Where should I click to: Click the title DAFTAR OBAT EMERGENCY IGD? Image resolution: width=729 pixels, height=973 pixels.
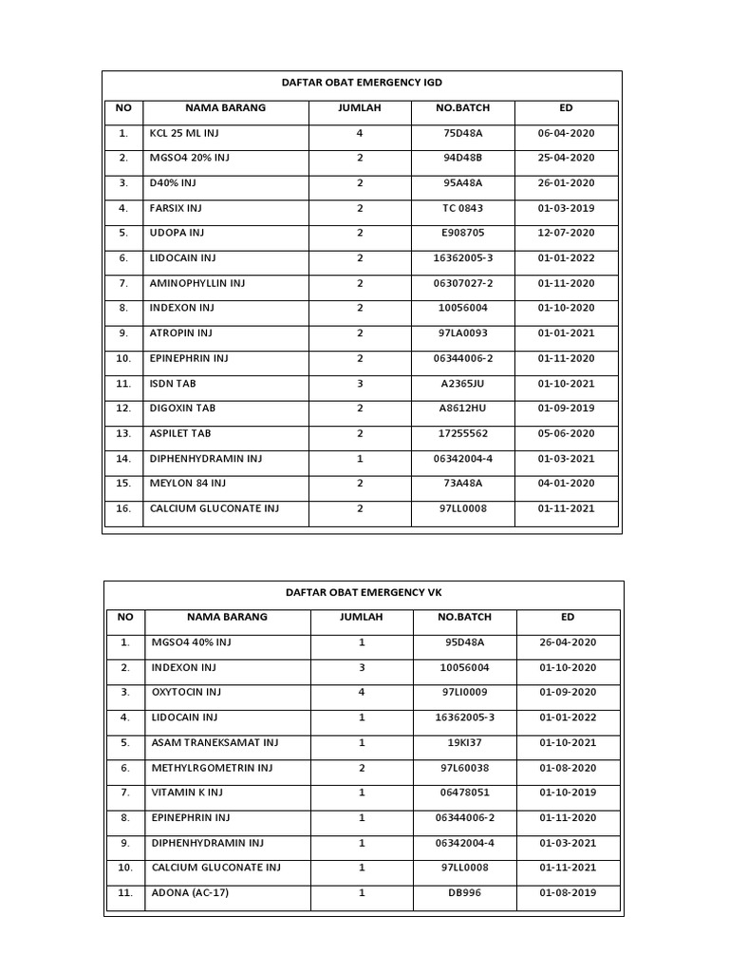(364, 84)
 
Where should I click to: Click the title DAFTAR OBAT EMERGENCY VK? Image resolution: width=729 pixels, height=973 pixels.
(364, 592)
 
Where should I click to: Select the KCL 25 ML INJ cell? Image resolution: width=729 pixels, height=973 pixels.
(184, 133)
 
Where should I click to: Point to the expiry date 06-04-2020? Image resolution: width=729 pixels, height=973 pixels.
(566, 133)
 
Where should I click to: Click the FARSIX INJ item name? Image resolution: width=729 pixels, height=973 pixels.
(177, 208)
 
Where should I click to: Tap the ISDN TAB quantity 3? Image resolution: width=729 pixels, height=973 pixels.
(360, 384)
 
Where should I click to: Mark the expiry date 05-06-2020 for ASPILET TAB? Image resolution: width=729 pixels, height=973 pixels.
(566, 433)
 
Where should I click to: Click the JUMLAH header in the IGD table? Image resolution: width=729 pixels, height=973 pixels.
(360, 108)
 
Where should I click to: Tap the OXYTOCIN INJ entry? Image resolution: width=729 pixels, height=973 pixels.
(186, 693)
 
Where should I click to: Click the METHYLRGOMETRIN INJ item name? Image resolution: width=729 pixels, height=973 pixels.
(205, 768)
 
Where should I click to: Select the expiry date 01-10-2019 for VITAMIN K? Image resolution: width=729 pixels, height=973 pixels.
(568, 792)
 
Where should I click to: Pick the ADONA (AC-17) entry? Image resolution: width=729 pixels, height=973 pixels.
(190, 893)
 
